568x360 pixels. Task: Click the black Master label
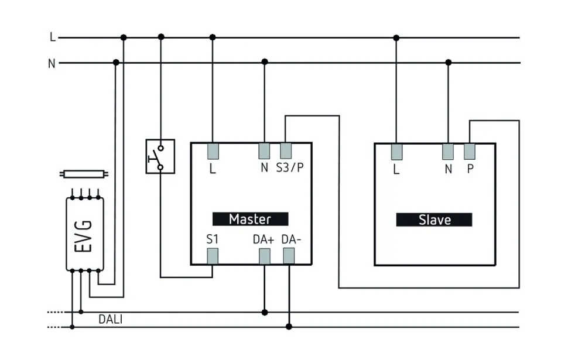[250, 219]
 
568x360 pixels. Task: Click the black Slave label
[434, 220]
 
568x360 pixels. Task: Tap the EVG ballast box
[85, 234]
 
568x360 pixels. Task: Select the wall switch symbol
[160, 156]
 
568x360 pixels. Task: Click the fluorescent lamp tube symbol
[85, 174]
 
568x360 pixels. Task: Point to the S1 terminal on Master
[213, 256]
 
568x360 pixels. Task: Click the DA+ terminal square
[265, 256]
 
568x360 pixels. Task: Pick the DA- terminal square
[289, 256]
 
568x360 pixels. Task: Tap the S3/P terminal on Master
[286, 151]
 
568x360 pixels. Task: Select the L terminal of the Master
[213, 151]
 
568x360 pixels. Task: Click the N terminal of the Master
[265, 151]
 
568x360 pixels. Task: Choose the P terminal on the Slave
[470, 152]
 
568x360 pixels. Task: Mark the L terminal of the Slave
[396, 152]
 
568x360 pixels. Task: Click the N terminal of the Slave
[449, 152]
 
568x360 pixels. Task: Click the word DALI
[110, 320]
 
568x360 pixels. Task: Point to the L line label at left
[52, 37]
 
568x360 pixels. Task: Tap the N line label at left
[52, 63]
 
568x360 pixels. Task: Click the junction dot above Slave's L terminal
[396, 38]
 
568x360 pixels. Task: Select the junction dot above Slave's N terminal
[449, 62]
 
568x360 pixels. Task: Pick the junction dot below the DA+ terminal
[265, 312]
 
